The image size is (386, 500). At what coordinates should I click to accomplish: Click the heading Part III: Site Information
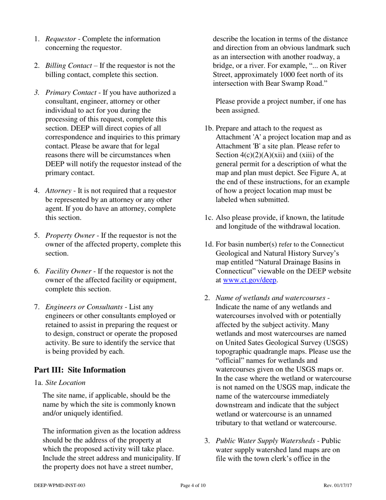(x=80, y=370)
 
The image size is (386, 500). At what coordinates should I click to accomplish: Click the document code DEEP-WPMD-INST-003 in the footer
(x=60, y=485)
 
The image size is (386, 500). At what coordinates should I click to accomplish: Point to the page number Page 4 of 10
(x=193, y=485)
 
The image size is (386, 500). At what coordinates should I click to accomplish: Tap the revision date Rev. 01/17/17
(x=338, y=485)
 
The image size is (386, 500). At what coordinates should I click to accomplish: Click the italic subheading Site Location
(x=65, y=383)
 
